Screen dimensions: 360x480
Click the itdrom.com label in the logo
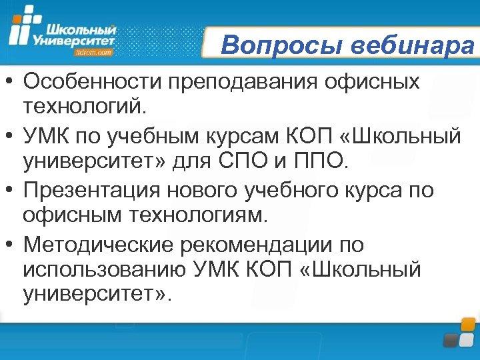coord(95,51)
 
